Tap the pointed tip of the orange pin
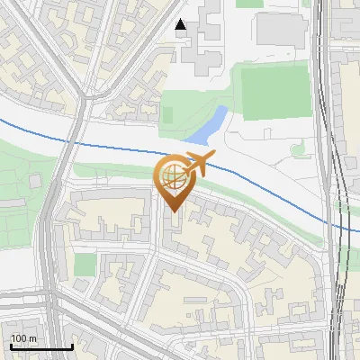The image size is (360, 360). tap(172, 212)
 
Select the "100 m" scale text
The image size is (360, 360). tap(24, 338)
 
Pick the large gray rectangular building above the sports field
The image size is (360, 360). tap(281, 31)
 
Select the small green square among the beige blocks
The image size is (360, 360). tap(85, 265)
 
